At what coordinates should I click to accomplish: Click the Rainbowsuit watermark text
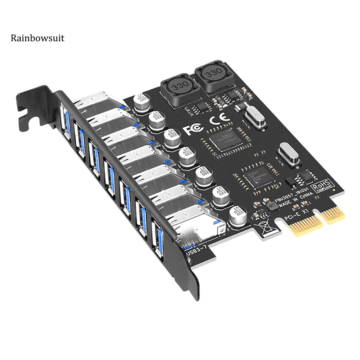(37, 38)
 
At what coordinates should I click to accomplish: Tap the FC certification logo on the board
(192, 130)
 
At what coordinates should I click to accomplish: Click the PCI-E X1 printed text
(296, 214)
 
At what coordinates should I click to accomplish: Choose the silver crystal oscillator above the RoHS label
(289, 155)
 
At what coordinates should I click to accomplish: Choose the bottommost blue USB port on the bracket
(158, 239)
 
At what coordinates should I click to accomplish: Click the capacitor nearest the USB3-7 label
(238, 216)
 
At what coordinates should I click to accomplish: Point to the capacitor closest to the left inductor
(142, 101)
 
